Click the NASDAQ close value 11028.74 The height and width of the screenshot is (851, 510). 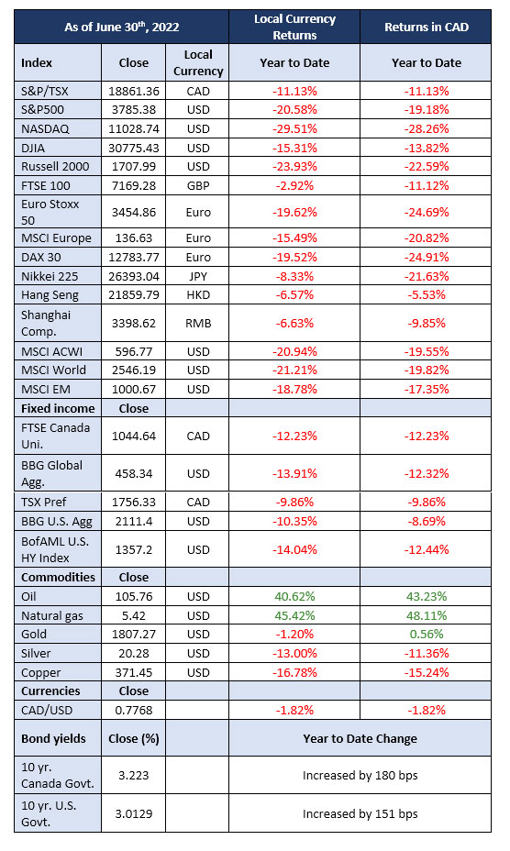[134, 129]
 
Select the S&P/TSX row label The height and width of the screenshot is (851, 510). [45, 91]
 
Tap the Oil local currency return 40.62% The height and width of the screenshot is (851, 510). [294, 596]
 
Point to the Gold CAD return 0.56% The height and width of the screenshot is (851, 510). [427, 634]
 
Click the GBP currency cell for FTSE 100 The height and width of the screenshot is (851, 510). [198, 185]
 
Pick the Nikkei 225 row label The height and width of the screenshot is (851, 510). [50, 276]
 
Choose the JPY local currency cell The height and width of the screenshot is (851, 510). [198, 276]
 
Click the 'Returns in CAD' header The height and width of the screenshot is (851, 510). [427, 28]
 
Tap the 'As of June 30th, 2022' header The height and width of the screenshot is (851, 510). [122, 27]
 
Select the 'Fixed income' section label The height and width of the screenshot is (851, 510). [58, 409]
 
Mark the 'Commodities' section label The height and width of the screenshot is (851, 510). [58, 578]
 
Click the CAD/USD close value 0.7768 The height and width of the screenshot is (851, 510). [134, 711]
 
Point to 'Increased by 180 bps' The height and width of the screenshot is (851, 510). [360, 776]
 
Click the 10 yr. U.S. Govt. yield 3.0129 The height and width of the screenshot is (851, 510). [134, 814]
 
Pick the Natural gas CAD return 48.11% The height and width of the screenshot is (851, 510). [427, 615]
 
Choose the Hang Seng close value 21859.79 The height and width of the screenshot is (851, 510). [134, 295]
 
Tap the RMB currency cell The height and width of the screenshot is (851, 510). [198, 324]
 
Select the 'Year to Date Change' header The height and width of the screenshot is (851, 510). [360, 738]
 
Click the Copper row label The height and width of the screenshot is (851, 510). [40, 673]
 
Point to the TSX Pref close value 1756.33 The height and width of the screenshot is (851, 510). [134, 502]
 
